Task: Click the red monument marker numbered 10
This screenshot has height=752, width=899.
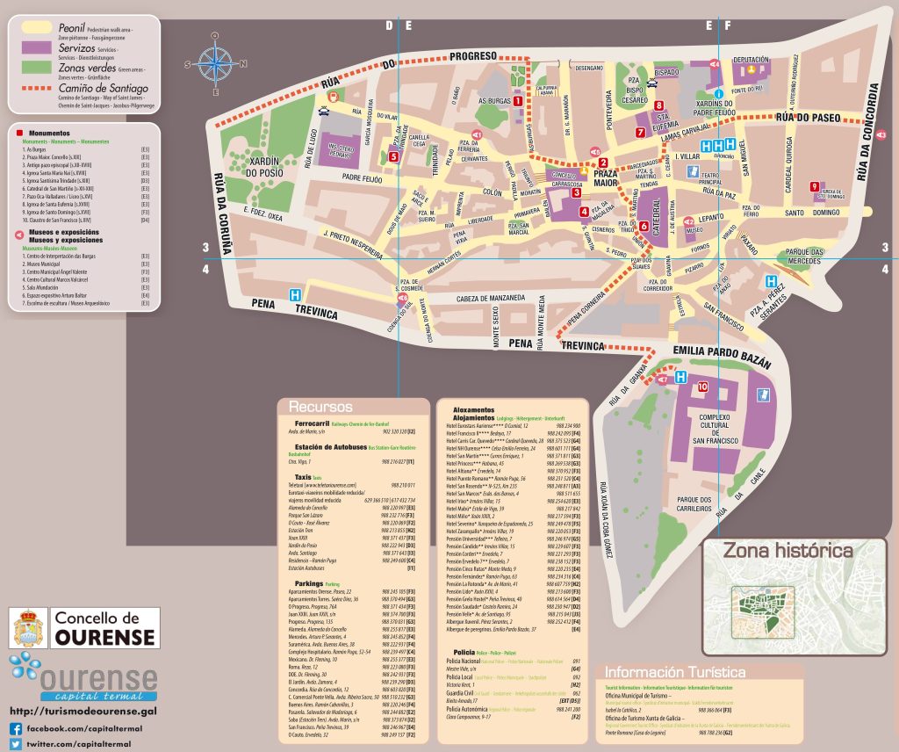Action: (x=702, y=387)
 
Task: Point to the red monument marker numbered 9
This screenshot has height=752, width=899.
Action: (x=816, y=185)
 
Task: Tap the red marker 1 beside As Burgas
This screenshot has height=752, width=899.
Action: (x=518, y=101)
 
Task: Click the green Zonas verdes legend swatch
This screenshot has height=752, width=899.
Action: (x=38, y=66)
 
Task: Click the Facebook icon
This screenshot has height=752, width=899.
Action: (x=16, y=728)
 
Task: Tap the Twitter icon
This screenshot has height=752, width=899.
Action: (x=16, y=743)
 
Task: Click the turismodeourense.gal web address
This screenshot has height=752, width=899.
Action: (x=83, y=710)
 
